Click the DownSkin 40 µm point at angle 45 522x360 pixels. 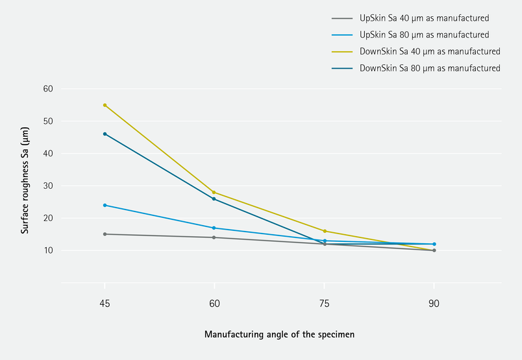105,105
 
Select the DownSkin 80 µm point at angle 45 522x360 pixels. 105,134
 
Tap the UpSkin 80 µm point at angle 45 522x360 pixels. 105,205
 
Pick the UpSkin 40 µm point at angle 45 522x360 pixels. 105,234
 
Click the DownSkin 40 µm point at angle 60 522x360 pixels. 214,192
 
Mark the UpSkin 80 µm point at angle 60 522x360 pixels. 214,228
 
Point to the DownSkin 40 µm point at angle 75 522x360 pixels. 324,231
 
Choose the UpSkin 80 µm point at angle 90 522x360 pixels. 434,244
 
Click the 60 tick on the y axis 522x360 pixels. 48,89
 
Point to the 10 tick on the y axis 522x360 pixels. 48,250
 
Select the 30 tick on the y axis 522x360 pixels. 48,186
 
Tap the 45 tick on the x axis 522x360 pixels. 105,304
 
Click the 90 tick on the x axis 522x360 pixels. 434,304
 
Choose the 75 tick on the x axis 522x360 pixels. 324,304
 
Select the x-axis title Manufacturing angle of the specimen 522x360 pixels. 279,335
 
